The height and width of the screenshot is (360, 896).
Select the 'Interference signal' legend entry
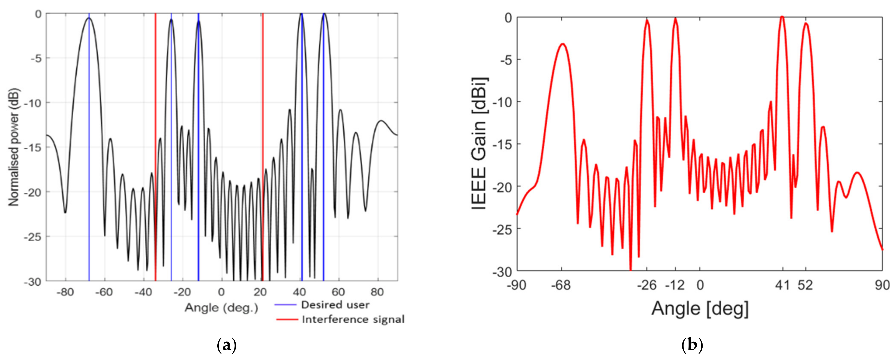353,319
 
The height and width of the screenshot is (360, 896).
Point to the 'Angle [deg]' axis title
700,308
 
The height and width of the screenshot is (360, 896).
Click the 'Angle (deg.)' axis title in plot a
221,307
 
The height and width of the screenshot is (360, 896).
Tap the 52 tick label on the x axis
805,285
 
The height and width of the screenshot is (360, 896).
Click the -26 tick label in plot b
646,285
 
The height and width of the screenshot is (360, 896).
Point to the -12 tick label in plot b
675,285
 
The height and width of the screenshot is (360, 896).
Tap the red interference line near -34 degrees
155,104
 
